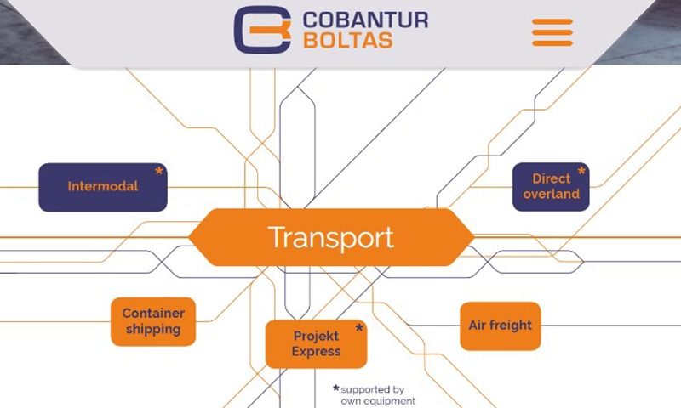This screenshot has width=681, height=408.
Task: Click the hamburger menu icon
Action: (x=552, y=32)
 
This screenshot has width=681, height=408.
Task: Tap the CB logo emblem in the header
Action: (x=262, y=30)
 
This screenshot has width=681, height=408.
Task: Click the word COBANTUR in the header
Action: (x=365, y=20)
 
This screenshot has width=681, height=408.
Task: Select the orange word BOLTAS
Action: (x=348, y=40)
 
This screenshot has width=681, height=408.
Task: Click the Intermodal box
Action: (x=103, y=187)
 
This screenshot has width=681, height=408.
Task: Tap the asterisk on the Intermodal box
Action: (x=159, y=171)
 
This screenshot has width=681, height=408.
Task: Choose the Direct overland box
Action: (x=551, y=187)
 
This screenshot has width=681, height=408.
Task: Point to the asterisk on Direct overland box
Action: (x=581, y=171)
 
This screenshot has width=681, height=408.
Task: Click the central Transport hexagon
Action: (x=331, y=237)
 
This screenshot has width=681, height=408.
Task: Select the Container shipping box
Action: (x=153, y=321)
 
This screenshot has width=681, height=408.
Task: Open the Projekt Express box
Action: (x=316, y=344)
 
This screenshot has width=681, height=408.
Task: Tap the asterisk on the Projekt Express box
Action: (x=359, y=328)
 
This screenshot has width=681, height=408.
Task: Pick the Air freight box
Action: (x=501, y=326)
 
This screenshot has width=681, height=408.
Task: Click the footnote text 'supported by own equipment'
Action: (x=378, y=395)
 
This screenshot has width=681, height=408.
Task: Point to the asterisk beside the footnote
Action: (x=335, y=388)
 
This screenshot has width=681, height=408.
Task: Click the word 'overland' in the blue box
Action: (x=551, y=194)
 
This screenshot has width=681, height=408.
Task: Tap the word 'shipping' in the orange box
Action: (x=153, y=329)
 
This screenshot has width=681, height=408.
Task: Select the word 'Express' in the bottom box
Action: (x=316, y=351)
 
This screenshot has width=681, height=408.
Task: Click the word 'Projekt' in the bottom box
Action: (x=316, y=336)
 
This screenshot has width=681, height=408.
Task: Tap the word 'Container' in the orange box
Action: (x=153, y=313)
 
